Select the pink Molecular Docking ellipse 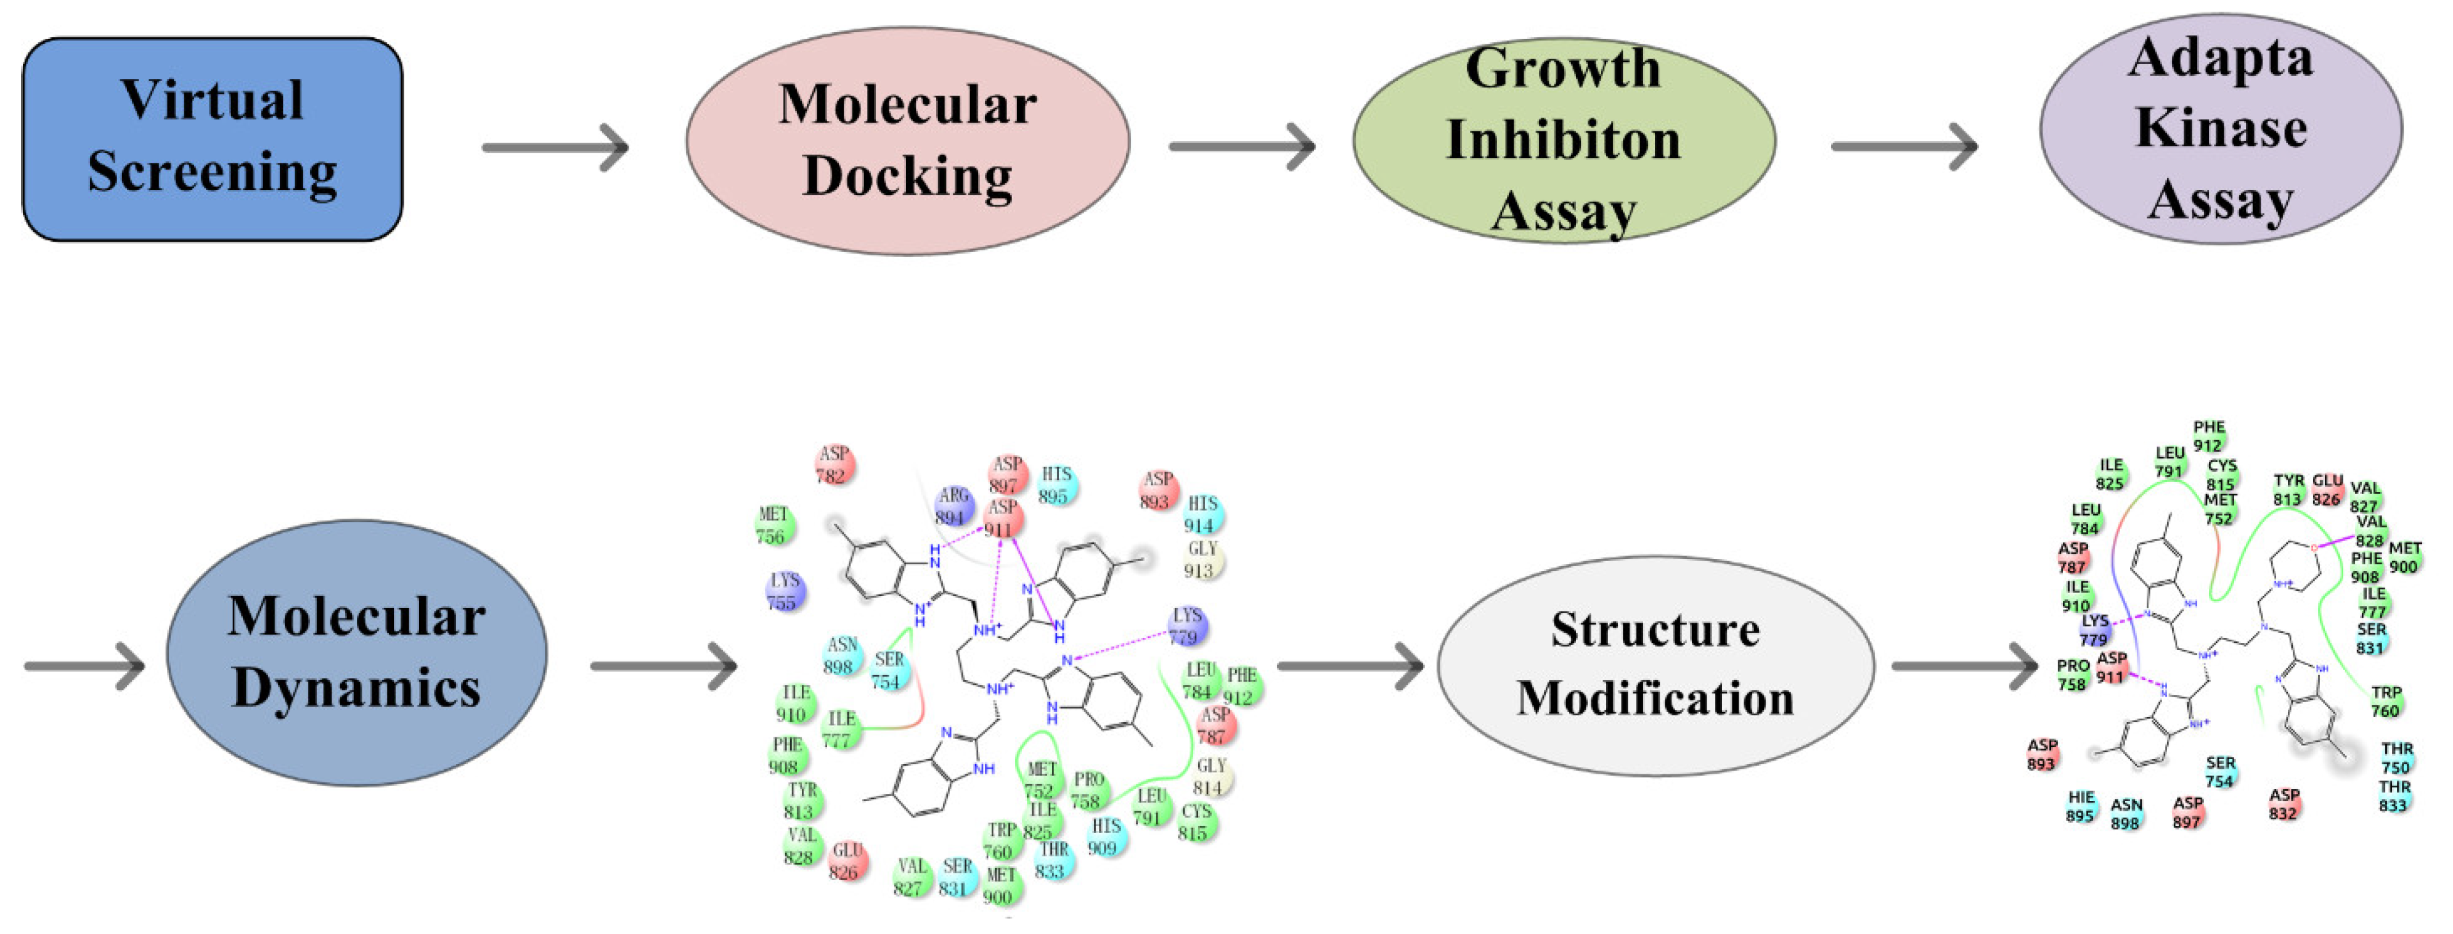pyautogui.click(x=907, y=141)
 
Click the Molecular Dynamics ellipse pyautogui.click(x=356, y=652)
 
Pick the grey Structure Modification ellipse pyautogui.click(x=1655, y=665)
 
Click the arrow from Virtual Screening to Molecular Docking pyautogui.click(x=555, y=147)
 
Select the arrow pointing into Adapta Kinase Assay pyautogui.click(x=1904, y=147)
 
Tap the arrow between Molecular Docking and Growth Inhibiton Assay pyautogui.click(x=1242, y=147)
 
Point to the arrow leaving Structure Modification pyautogui.click(x=1964, y=665)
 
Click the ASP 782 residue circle pyautogui.click(x=833, y=465)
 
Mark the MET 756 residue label pyautogui.click(x=772, y=525)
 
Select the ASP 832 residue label pyautogui.click(x=2284, y=803)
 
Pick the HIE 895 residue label pyautogui.click(x=2081, y=806)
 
